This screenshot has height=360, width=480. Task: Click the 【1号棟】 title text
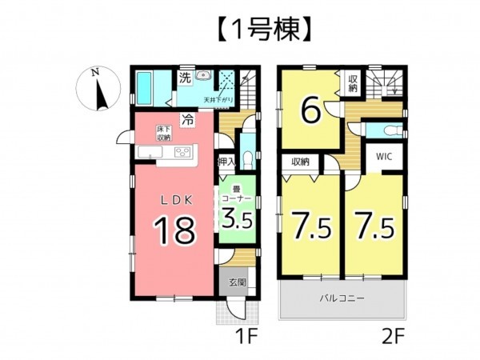239,30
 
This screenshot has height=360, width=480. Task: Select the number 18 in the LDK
174,230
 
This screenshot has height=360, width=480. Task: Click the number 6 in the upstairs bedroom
311,110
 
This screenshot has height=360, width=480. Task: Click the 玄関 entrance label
237,282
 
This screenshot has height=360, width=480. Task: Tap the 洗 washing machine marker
184,78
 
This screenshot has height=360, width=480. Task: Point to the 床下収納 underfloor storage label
162,131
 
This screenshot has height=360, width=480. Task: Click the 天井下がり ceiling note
215,100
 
